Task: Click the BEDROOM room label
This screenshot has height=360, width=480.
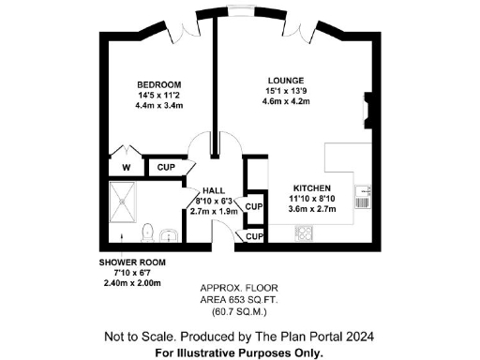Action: (152, 83)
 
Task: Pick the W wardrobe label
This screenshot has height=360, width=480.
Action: (126, 169)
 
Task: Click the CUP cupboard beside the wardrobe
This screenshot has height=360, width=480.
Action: (167, 168)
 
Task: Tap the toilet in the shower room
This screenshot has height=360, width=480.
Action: (146, 231)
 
